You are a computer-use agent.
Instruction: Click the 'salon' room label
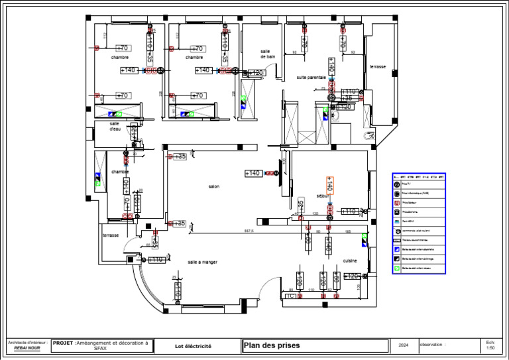(213, 187)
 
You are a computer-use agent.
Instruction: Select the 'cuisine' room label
(350, 261)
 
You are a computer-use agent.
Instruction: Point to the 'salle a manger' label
(202, 262)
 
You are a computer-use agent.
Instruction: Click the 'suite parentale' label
(311, 78)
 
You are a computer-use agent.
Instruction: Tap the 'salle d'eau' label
(115, 126)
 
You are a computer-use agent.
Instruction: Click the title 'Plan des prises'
(272, 345)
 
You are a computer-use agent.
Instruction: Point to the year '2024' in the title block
(404, 345)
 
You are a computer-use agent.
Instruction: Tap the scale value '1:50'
(490, 348)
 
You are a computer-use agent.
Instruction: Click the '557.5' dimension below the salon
(249, 231)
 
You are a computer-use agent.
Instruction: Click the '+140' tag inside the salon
(253, 173)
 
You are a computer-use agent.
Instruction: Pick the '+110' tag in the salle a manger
(156, 260)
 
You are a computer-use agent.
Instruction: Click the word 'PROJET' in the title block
(63, 343)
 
